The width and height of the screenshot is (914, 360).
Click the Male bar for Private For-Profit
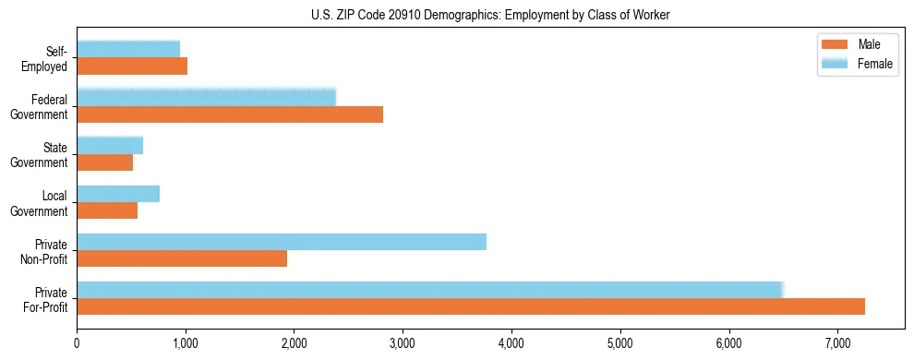pos(471,306)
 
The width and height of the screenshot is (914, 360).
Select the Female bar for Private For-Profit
pos(430,290)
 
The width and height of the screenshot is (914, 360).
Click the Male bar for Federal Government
pos(230,114)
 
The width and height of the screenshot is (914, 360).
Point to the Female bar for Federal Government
pos(206,98)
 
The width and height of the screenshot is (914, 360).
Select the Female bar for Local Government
pos(118,194)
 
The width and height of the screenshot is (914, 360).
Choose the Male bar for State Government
pos(105,162)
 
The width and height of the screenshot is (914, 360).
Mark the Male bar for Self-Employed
pos(132,66)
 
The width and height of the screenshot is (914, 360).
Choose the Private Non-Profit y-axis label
pos(47,251)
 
